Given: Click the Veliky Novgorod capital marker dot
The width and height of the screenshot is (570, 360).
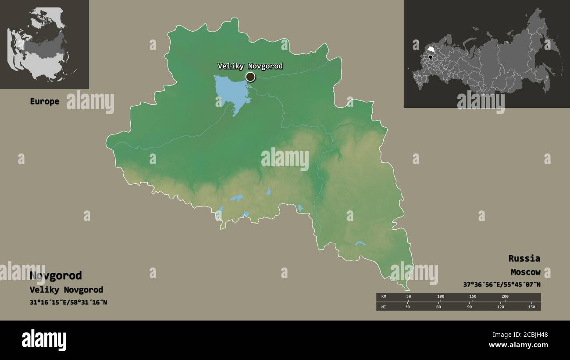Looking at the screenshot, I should tap(250, 77).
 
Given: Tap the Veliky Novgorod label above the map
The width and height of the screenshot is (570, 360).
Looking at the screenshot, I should tap(250, 66).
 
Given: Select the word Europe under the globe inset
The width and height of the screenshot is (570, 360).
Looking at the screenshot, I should tap(44, 101).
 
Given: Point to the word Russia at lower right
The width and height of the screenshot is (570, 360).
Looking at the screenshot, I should tap(524, 258).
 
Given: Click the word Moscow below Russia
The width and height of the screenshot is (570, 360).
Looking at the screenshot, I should tap(525, 272).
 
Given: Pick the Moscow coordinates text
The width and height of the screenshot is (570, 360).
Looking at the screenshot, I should tap(502, 285).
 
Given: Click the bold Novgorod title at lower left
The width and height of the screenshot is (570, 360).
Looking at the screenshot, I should tap(56, 276).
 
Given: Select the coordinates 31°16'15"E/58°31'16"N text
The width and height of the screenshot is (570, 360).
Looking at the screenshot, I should tap(68, 303).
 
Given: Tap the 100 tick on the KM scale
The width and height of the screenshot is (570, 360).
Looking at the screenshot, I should tap(441, 296).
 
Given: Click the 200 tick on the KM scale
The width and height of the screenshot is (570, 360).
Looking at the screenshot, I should tap(505, 296).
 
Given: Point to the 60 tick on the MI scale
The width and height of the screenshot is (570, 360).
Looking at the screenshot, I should tap(438, 307).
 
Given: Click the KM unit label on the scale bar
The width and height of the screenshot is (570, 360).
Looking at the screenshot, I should tap(384, 296).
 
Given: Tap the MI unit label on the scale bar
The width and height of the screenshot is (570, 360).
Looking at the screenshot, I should tap(384, 307).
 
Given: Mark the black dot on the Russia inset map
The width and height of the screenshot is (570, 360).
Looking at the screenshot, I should tap(431, 57).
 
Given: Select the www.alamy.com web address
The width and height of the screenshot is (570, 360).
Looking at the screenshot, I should tap(518, 346).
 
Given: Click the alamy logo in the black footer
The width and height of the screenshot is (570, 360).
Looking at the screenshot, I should tap(44, 340).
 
